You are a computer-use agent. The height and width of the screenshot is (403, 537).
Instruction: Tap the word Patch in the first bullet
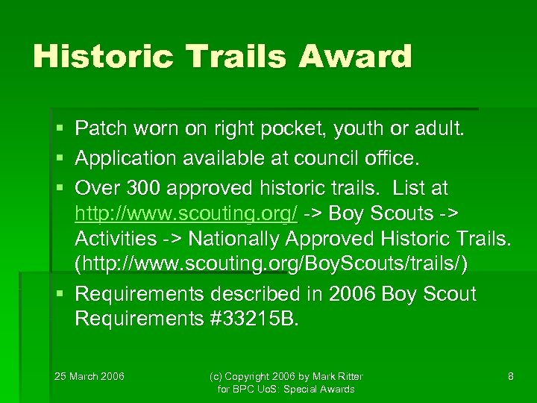click(x=101, y=130)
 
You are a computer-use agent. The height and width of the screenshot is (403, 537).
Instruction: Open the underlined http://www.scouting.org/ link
click(x=186, y=213)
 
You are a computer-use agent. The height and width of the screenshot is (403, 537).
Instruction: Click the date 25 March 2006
click(x=90, y=376)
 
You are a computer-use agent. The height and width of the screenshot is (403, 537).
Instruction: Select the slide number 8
click(x=510, y=376)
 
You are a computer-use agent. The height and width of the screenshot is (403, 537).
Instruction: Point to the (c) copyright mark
click(x=216, y=376)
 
